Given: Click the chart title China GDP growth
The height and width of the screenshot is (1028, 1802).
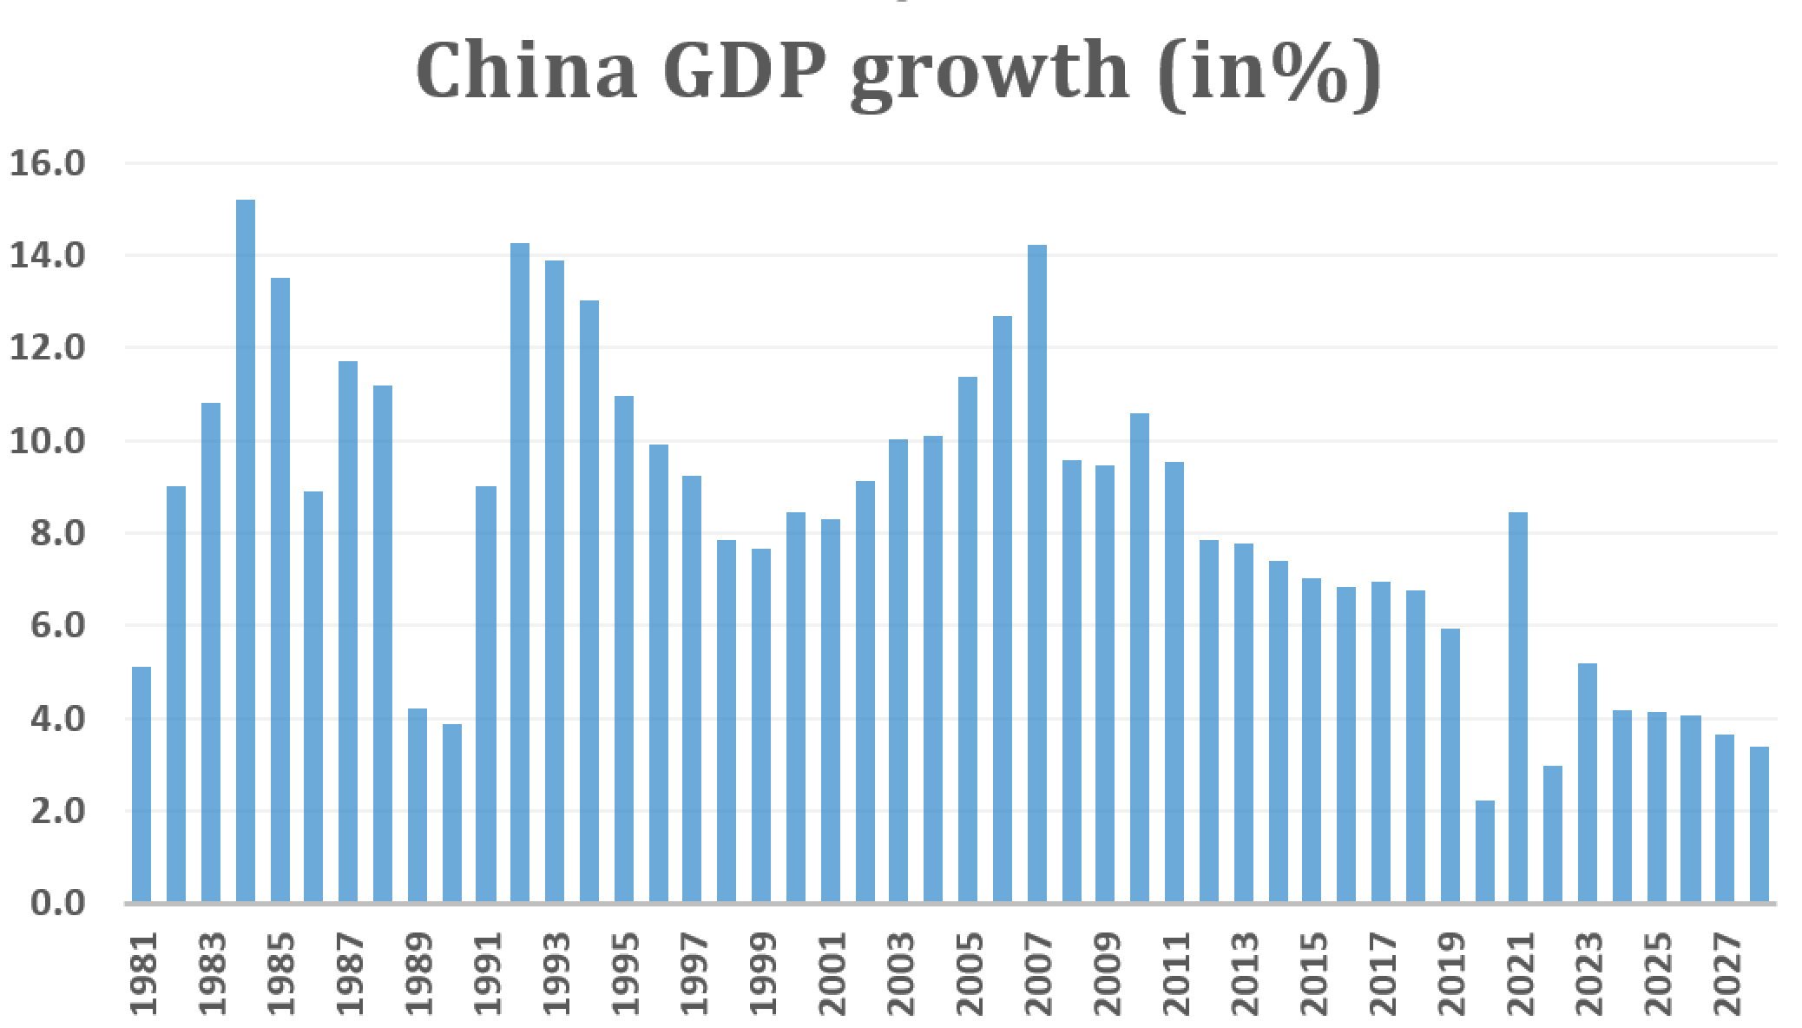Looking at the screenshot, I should [898, 73].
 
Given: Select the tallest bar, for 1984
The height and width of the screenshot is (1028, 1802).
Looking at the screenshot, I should [246, 551].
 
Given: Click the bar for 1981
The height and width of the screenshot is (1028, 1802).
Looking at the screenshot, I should [141, 785].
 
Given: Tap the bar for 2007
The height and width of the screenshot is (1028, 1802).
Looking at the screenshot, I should [1037, 573].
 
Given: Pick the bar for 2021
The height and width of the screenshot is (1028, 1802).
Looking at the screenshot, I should [1518, 708].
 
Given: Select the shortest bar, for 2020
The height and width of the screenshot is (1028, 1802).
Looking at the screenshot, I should [1484, 851].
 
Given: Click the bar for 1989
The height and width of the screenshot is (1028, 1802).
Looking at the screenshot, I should [418, 806].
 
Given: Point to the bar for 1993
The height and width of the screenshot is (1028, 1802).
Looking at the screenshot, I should [555, 582].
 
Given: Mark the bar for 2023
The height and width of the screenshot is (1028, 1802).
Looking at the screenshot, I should [1588, 783].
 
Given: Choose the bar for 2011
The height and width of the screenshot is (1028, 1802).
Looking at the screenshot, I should [1174, 682].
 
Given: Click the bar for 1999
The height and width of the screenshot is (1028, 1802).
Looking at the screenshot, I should [761, 726].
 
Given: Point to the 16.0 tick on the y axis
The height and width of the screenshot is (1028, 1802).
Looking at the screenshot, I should [48, 163].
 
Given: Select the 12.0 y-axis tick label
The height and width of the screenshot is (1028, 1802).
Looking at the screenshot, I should [48, 348].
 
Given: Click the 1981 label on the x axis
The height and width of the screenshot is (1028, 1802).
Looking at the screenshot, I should [144, 974].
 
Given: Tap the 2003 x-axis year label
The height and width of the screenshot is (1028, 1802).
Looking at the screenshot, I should [901, 974].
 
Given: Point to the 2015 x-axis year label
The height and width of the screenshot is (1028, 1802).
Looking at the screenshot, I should [1314, 974].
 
